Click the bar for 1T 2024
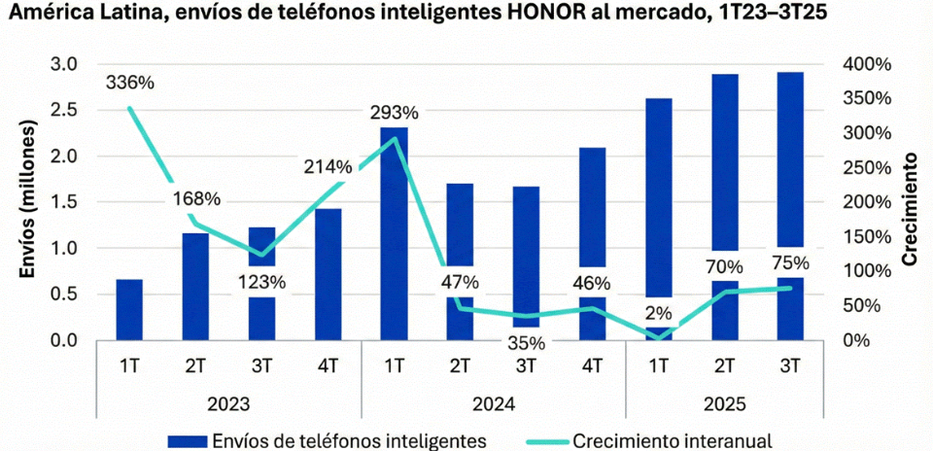(394, 233)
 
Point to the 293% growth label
(394, 112)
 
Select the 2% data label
(658, 313)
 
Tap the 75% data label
(789, 262)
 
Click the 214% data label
(328, 165)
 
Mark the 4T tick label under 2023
(328, 366)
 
